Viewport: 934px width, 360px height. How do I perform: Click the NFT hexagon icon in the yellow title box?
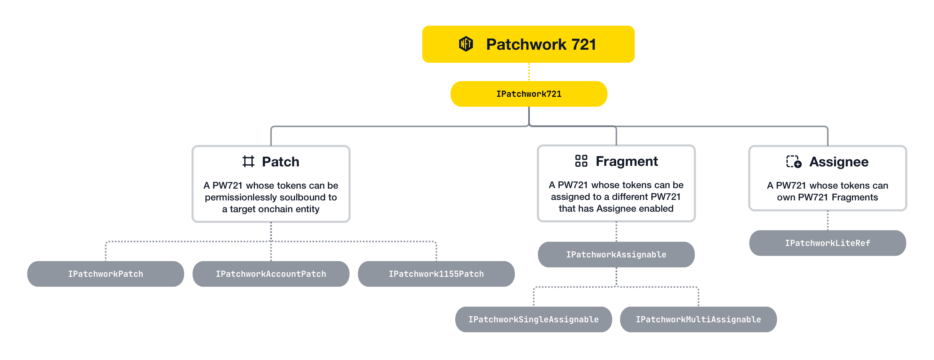[466, 44]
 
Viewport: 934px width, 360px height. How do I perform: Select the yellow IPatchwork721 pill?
[529, 94]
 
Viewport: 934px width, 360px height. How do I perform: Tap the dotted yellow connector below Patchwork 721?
[529, 72]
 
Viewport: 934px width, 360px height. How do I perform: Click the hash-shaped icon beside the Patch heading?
[248, 161]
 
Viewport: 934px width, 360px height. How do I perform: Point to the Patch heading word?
[280, 162]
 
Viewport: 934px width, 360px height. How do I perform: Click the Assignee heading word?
[839, 162]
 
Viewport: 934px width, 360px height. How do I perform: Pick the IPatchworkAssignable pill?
[616, 255]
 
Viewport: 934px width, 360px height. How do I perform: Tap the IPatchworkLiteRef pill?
[828, 243]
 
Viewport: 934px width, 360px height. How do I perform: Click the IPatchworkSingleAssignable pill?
[533, 319]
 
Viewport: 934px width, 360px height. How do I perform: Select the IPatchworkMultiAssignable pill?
[698, 319]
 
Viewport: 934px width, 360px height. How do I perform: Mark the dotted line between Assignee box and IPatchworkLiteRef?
[828, 221]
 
